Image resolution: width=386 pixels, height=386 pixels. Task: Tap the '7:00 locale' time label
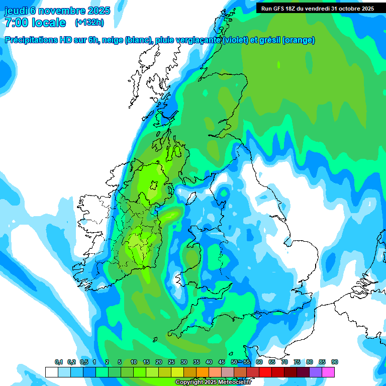35,23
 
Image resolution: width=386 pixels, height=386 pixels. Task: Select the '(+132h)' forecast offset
89,23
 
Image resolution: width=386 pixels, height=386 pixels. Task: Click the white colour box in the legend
51,372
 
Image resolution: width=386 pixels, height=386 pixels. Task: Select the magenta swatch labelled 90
328,372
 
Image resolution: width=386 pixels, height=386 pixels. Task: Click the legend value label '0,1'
59,362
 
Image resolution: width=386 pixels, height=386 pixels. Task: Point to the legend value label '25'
171,362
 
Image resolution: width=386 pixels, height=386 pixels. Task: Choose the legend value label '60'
259,362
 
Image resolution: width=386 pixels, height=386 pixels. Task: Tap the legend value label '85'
322,362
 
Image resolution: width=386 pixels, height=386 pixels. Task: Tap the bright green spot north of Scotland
278,64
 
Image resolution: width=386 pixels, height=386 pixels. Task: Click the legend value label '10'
133,362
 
